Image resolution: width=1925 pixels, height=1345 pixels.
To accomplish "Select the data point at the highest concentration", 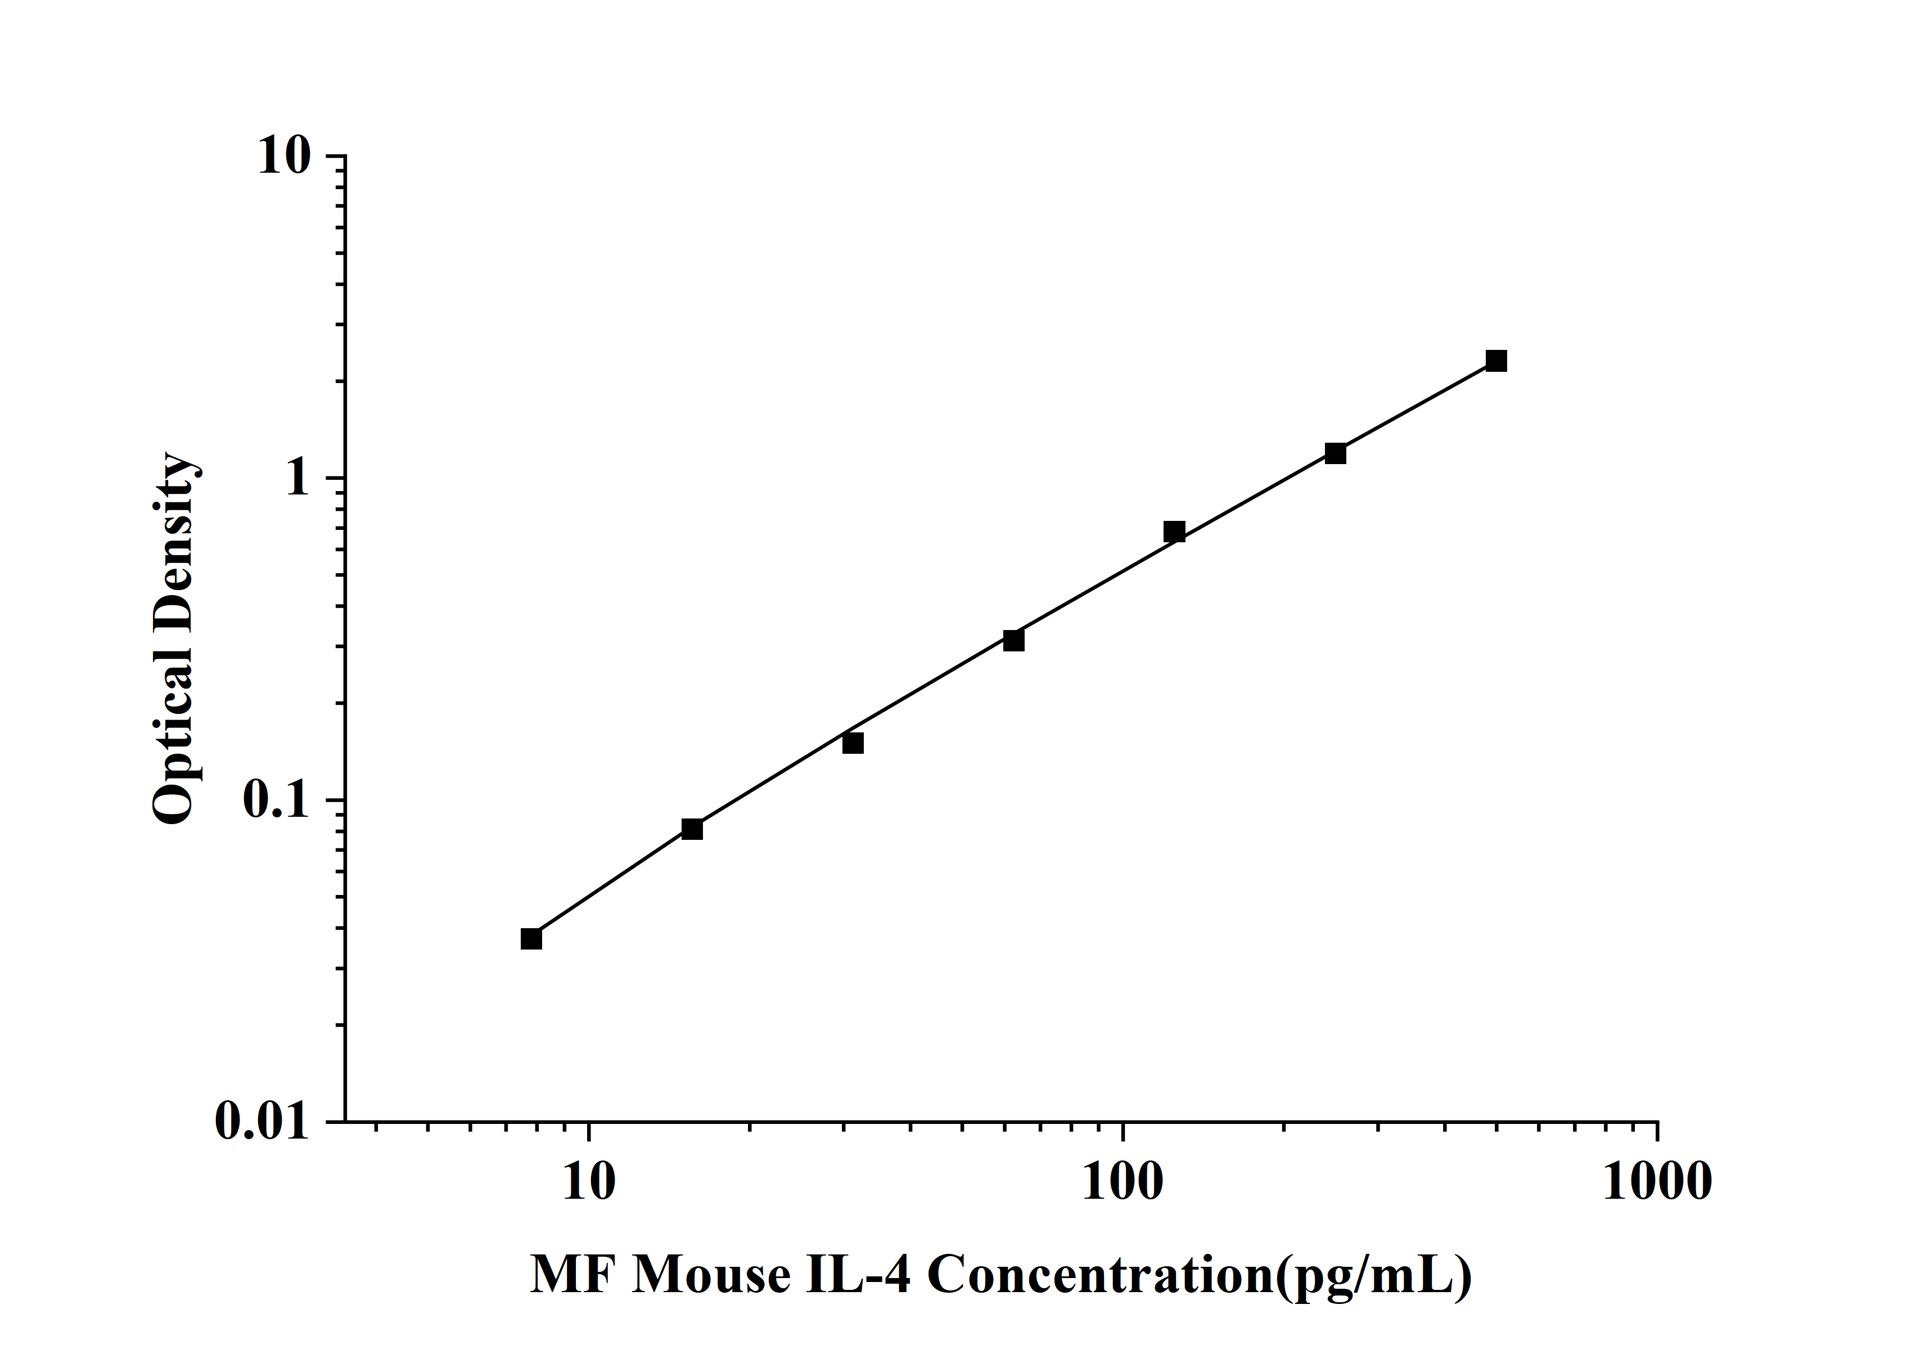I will pos(1496,361).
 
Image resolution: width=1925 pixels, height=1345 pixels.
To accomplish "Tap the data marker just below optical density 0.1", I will pos(692,829).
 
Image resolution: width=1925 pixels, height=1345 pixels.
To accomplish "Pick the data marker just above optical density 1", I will pos(1335,453).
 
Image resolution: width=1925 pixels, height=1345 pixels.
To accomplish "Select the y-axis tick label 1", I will pos(297,479).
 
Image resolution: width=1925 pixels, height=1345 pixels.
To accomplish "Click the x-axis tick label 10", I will pos(589,1182).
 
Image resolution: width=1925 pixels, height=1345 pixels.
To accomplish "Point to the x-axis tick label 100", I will pos(1122,1182).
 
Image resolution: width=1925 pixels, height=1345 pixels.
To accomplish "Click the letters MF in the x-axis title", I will pos(572,1275).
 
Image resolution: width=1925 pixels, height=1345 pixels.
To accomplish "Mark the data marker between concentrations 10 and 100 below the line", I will pos(853,743).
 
